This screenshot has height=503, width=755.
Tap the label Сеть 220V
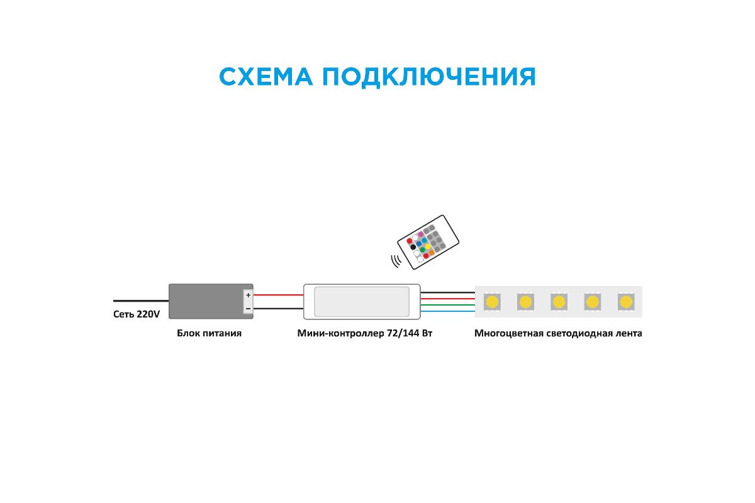tap(136, 314)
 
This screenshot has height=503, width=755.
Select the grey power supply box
tap(205, 301)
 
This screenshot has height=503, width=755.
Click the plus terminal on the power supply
tap(248, 295)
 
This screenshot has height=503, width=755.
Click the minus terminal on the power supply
tap(248, 308)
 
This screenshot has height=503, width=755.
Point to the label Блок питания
tap(209, 333)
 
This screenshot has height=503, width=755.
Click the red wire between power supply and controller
tap(278, 295)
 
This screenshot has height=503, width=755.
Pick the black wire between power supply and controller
tap(278, 308)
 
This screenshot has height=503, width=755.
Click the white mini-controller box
tap(362, 301)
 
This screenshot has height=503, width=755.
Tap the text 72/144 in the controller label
tap(403, 333)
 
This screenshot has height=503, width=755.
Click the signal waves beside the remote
tap(396, 260)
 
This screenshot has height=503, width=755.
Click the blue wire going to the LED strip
tap(448, 311)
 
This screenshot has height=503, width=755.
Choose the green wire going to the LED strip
tap(448, 305)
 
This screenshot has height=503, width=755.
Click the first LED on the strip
tap(491, 302)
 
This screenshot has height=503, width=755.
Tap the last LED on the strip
tap(625, 302)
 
